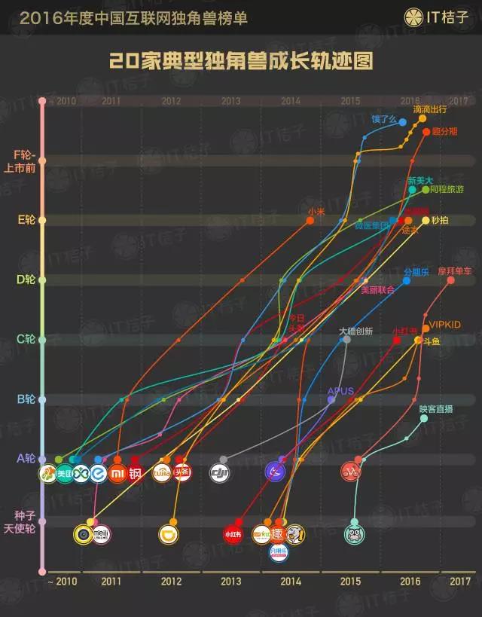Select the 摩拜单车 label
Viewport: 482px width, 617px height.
point(454,270)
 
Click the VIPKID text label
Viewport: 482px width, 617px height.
point(444,325)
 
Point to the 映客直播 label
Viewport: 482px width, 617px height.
point(436,409)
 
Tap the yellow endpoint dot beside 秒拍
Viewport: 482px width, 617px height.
point(426,221)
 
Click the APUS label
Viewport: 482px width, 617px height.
point(340,391)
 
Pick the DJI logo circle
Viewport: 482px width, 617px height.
point(219,473)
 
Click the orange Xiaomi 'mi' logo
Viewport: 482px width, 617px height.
point(117,473)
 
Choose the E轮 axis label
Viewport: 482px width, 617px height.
point(26,220)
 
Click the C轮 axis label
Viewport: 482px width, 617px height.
point(26,339)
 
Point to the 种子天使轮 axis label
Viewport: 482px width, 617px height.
point(25,522)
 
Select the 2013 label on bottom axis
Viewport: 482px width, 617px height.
point(230,581)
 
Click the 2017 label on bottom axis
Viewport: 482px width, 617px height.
point(459,581)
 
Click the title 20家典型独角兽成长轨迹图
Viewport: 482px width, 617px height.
point(241,61)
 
